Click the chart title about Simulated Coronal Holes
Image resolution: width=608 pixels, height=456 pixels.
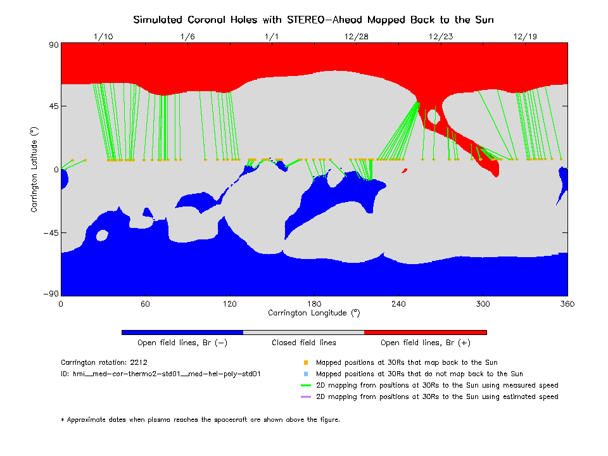(x=313, y=20)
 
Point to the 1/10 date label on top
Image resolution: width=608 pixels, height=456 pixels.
(x=103, y=37)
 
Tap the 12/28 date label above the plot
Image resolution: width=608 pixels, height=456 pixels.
(x=357, y=37)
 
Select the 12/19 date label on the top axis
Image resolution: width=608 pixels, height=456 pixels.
(x=526, y=37)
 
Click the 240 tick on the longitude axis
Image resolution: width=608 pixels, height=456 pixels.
(x=398, y=304)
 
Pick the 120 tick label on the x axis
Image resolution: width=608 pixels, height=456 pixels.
(x=229, y=304)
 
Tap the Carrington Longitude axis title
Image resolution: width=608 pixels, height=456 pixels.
(x=313, y=313)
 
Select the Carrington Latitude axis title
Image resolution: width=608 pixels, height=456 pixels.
(x=35, y=169)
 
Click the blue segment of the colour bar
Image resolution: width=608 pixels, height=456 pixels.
(x=182, y=332)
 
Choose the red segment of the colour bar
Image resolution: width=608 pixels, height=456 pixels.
(x=426, y=332)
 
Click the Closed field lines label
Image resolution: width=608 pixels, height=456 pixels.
(x=304, y=343)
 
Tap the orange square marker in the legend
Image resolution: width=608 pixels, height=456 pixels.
(x=306, y=363)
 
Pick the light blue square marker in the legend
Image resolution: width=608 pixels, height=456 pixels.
(x=306, y=374)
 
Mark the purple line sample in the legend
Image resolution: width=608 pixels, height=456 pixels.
(x=306, y=396)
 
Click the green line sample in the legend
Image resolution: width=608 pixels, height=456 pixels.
(x=306, y=385)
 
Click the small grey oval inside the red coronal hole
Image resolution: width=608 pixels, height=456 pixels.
(x=434, y=117)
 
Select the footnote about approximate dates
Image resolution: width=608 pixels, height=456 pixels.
(x=200, y=419)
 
